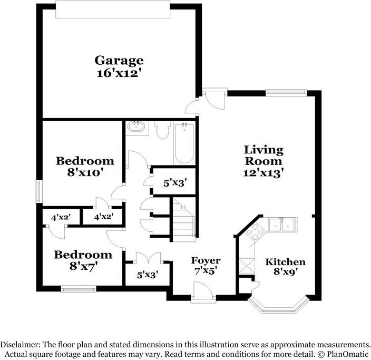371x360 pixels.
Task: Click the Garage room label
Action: click(119, 61)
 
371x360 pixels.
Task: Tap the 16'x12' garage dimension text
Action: click(119, 73)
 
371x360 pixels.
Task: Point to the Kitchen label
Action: click(285, 262)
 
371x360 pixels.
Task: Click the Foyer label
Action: click(206, 260)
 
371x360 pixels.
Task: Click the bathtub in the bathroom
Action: click(184, 143)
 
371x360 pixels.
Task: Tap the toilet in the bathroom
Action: click(163, 130)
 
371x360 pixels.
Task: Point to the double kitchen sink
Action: click(282, 225)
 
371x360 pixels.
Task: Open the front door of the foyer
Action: click(203, 292)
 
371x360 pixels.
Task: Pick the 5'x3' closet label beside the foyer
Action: click(148, 274)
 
